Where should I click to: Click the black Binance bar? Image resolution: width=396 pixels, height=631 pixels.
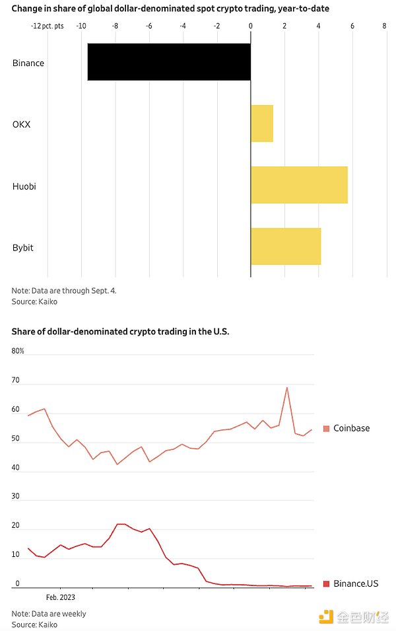169,62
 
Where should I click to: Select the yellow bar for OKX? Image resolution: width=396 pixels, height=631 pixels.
262,124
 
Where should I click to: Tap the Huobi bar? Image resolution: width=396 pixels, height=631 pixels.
299,185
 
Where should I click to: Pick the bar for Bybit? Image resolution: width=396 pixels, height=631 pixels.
286,246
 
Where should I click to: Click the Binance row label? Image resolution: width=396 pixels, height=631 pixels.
28,63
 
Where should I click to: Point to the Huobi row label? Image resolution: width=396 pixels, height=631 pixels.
24,186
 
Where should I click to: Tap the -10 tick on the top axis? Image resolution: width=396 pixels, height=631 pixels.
81,26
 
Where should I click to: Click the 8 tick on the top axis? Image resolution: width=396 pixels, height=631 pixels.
384,26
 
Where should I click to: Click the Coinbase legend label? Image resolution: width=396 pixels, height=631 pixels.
351,428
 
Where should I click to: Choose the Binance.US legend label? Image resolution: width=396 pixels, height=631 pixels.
356,583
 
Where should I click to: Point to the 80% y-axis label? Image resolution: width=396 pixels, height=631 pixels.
18,351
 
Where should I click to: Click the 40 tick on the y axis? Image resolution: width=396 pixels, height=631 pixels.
16,468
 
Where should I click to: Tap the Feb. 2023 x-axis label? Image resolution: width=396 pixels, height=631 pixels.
60,597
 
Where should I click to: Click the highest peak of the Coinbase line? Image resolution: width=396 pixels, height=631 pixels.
287,387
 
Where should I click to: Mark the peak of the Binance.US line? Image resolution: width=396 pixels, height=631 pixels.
121,524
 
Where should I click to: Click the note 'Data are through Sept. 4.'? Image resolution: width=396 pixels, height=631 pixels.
64,291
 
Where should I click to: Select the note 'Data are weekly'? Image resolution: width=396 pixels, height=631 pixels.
49,614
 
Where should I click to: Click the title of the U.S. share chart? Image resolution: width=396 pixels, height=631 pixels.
120,331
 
